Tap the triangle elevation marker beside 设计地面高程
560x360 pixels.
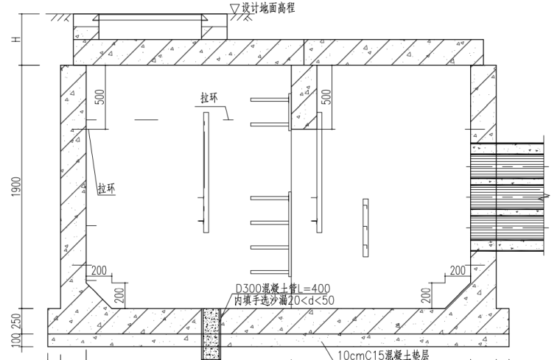[x=235, y=8]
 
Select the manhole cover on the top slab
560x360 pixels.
[x=151, y=28]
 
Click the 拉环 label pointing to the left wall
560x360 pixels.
[x=107, y=188]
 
